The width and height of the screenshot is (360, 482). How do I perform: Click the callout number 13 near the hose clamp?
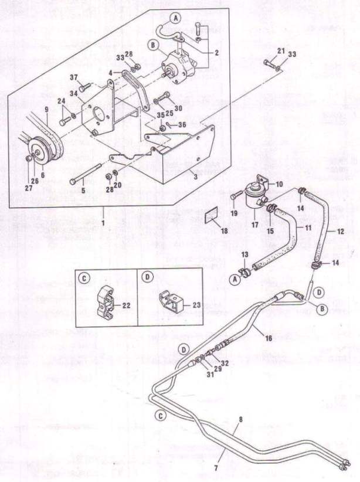click(244, 254)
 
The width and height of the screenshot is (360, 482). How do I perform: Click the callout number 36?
click(181, 124)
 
